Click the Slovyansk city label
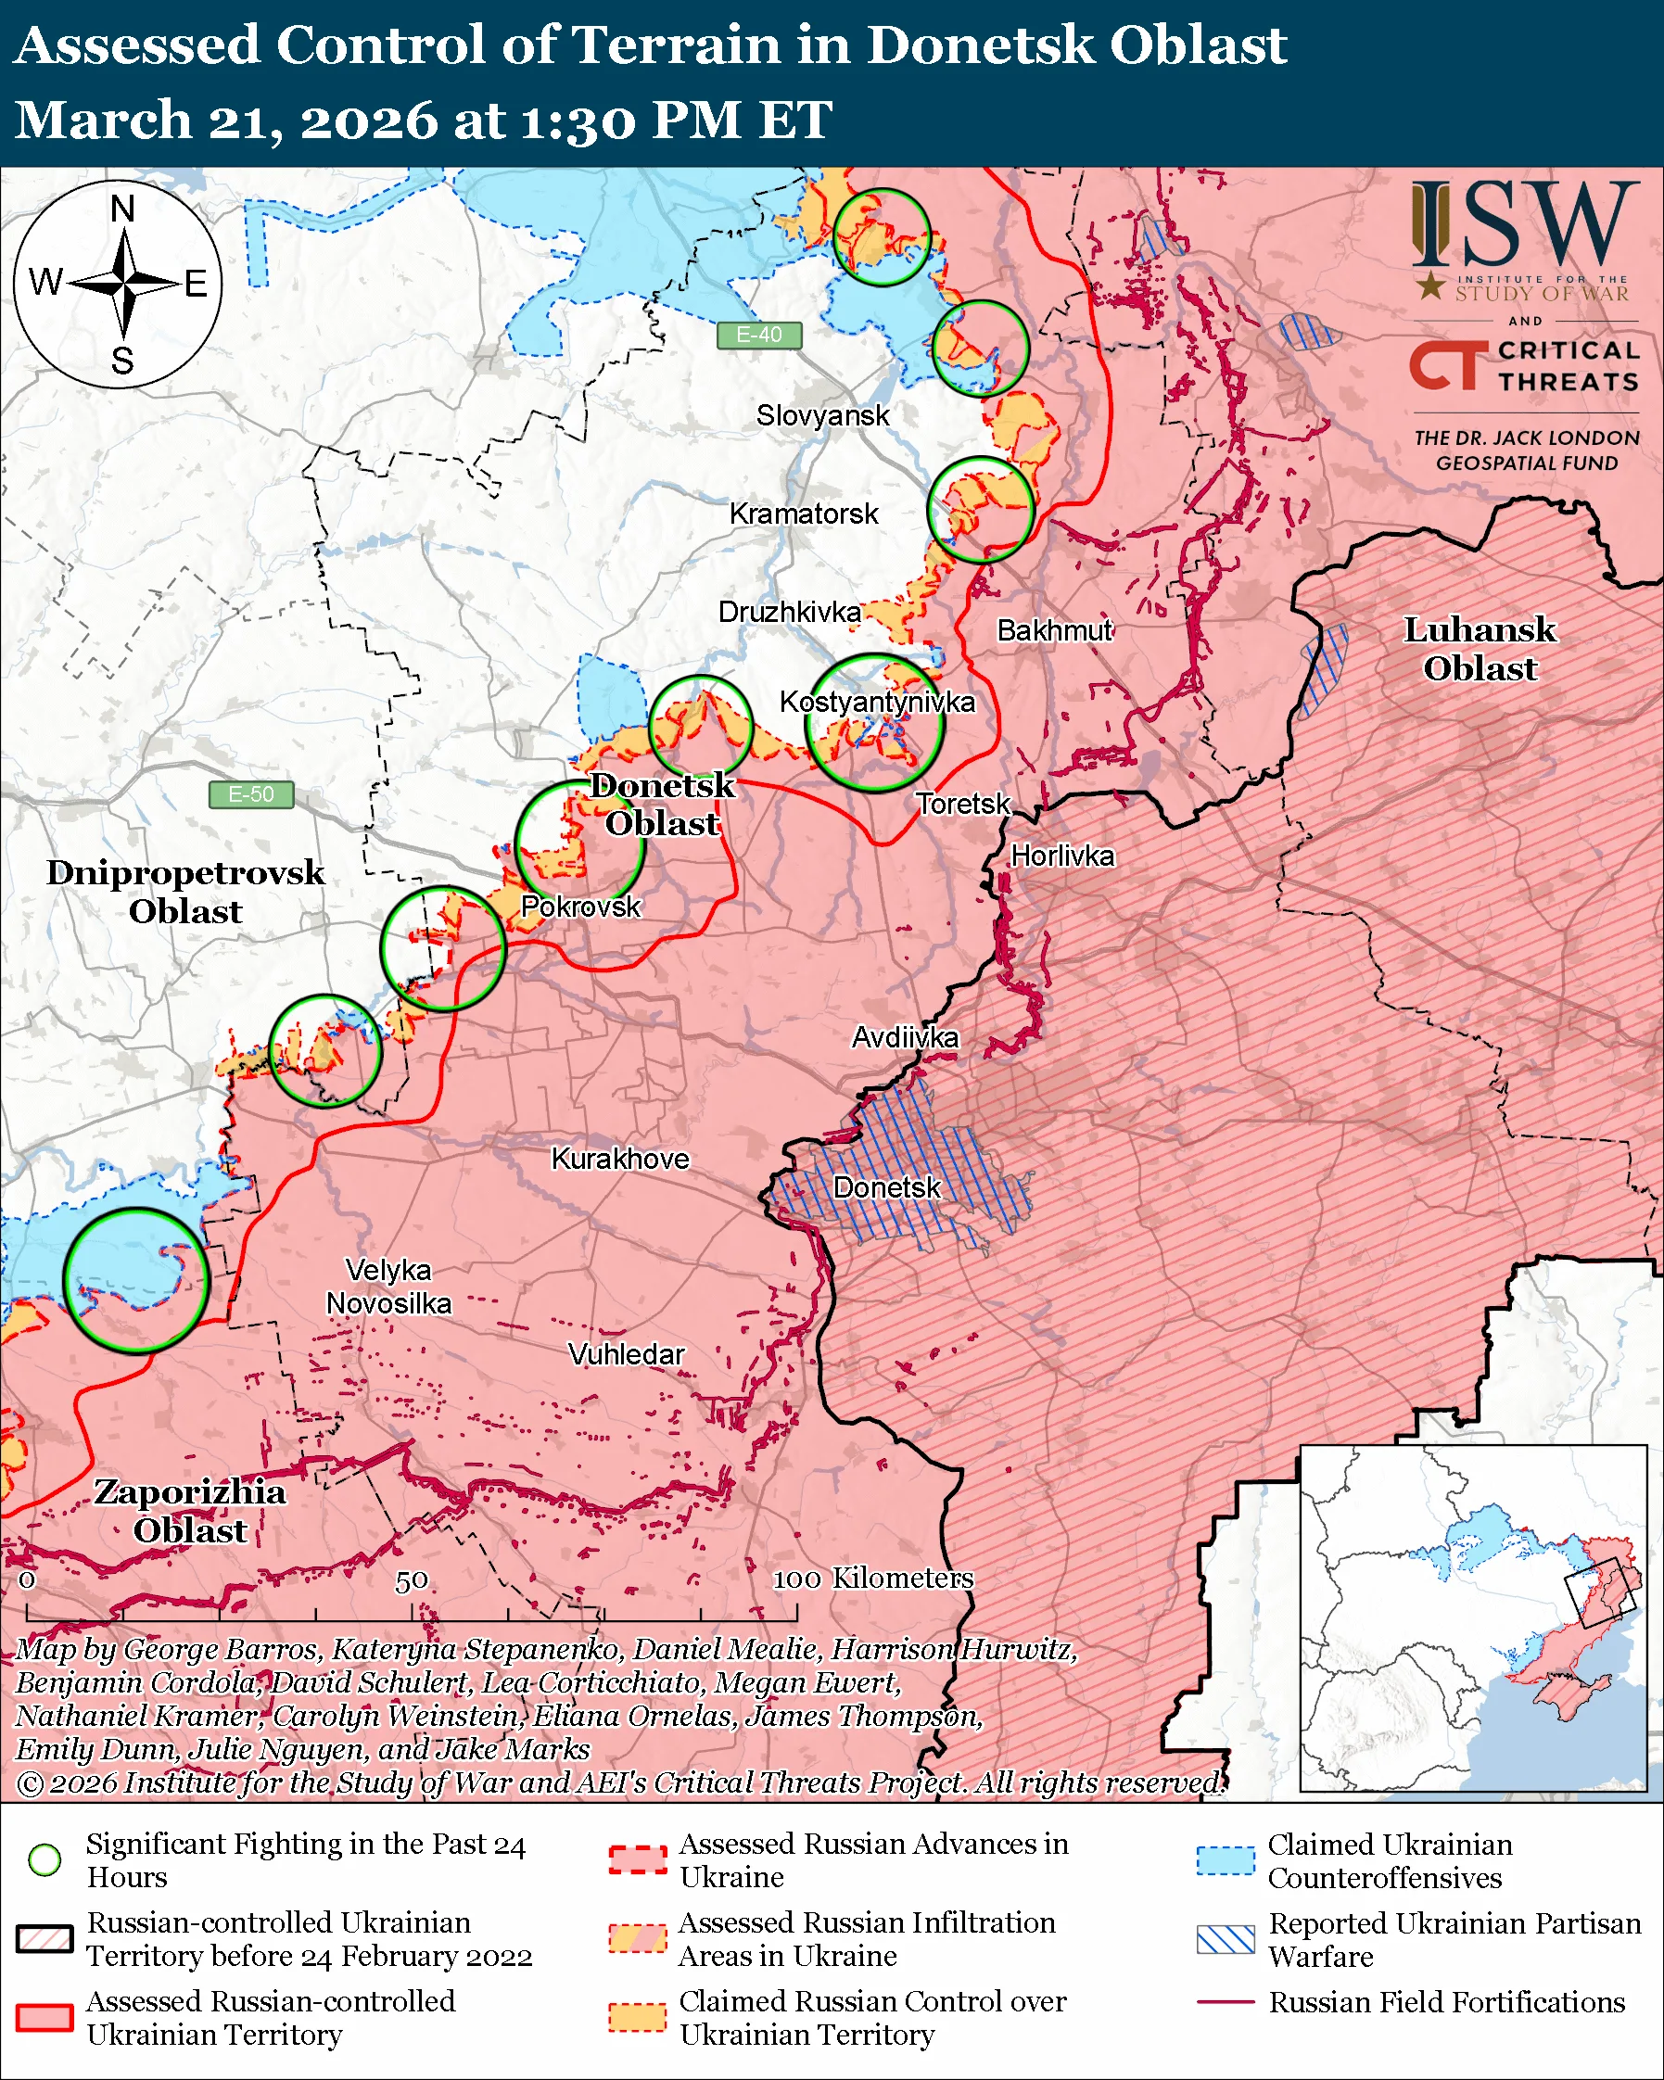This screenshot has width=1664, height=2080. point(822,416)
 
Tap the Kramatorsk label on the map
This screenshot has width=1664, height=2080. point(803,514)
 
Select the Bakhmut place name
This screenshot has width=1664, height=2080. point(1053,630)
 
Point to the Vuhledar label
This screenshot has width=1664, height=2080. point(626,1353)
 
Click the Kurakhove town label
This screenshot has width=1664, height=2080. point(619,1158)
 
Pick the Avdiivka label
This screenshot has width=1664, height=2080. point(904,1037)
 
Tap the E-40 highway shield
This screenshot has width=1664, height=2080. point(759,335)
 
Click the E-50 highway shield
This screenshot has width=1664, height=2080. point(251,794)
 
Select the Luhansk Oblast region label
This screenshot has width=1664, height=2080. point(1479,648)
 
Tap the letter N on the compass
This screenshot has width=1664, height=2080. point(122,208)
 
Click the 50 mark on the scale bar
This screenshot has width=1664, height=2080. point(411,1580)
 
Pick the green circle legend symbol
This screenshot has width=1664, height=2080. point(45,1858)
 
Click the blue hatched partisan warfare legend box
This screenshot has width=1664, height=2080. point(1226,1938)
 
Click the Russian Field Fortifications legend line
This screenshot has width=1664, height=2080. point(1226,2002)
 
